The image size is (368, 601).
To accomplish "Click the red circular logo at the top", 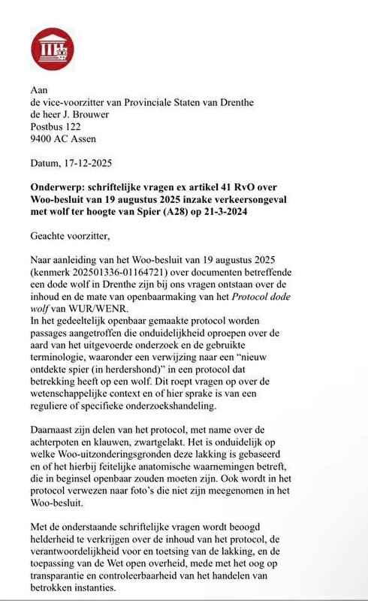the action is pyautogui.click(x=52, y=49).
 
